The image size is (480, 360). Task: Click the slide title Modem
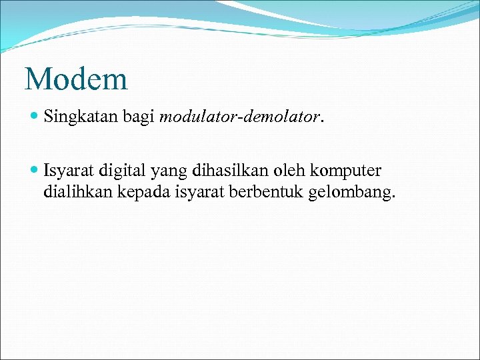tap(76, 79)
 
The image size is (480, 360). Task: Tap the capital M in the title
tap(37, 79)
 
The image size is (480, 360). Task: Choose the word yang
tap(169, 172)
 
